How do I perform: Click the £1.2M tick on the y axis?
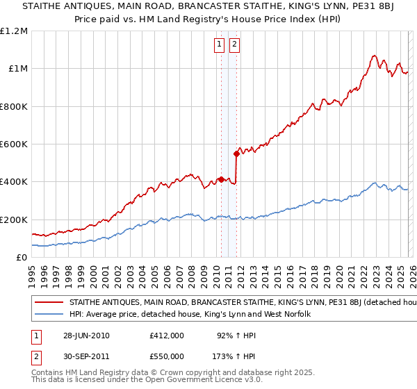[14, 31]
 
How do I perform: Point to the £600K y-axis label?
[14, 144]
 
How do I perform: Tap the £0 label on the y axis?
[22, 258]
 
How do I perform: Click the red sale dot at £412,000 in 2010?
[221, 179]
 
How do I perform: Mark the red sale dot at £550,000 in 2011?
[237, 154]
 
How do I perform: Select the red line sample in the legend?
[49, 303]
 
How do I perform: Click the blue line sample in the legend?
[49, 315]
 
